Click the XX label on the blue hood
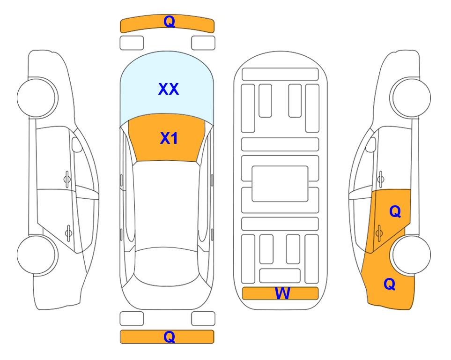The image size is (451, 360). (169, 89)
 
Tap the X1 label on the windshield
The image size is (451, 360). (169, 138)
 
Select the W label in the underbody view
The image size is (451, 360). (282, 293)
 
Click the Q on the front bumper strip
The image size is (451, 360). (169, 22)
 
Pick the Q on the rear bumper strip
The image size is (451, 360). (169, 337)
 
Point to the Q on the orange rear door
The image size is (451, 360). (395, 212)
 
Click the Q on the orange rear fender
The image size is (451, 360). (390, 284)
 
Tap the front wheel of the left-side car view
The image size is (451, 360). (37, 98)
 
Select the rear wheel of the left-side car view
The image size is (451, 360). (37, 255)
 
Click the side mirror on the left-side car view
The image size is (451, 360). (76, 144)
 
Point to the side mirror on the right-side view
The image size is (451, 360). (371, 144)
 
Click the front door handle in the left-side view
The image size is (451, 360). (67, 179)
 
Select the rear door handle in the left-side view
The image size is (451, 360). (68, 232)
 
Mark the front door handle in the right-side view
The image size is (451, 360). (380, 179)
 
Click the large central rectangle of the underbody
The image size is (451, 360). (280, 184)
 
